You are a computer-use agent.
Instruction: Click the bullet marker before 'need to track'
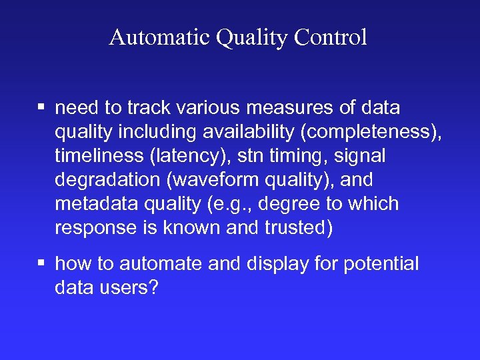41,107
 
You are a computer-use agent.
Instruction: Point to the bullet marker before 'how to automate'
41,264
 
